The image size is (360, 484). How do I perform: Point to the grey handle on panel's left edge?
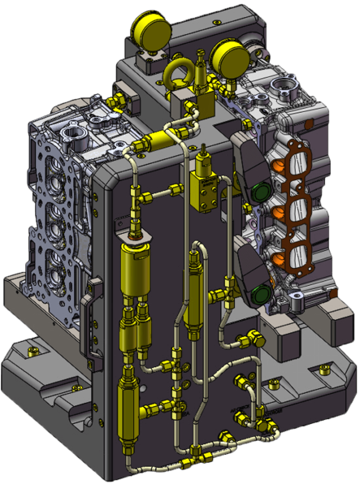point(96,300)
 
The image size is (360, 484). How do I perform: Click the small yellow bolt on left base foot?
point(33,351)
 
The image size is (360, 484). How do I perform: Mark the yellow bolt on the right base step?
point(323,369)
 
